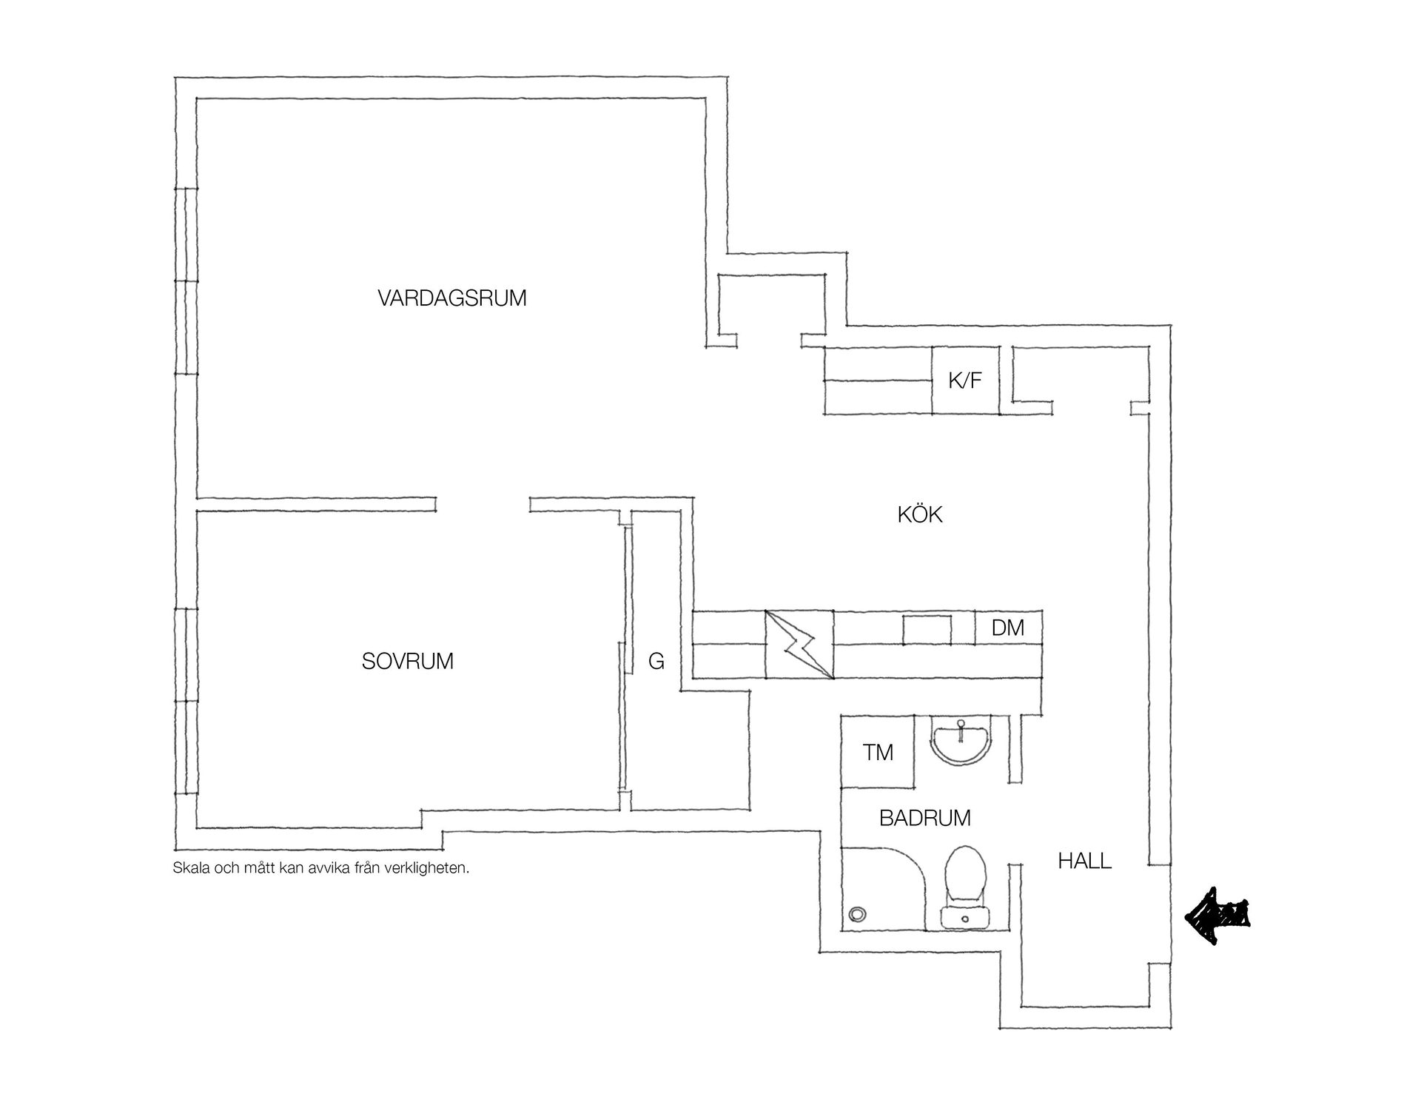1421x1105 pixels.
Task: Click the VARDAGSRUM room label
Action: pyautogui.click(x=451, y=298)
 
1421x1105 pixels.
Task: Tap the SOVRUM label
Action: pyautogui.click(x=407, y=661)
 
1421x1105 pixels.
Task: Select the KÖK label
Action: pyautogui.click(x=920, y=514)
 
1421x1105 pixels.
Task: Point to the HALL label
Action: pyautogui.click(x=1084, y=861)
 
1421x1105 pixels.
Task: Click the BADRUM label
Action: pyautogui.click(x=924, y=818)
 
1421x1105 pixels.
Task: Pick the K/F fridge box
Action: pyautogui.click(x=965, y=380)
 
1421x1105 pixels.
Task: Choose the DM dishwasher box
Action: pyautogui.click(x=1008, y=628)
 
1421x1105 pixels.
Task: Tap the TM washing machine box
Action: pyautogui.click(x=878, y=752)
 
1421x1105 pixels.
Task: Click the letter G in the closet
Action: pyautogui.click(x=656, y=661)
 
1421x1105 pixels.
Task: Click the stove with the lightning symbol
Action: pyautogui.click(x=799, y=644)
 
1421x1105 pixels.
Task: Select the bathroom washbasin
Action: pyautogui.click(x=961, y=741)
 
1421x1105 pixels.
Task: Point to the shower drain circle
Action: pyautogui.click(x=857, y=914)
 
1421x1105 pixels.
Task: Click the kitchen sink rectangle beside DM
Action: pyautogui.click(x=927, y=628)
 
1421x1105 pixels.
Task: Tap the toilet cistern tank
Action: pyautogui.click(x=965, y=917)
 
